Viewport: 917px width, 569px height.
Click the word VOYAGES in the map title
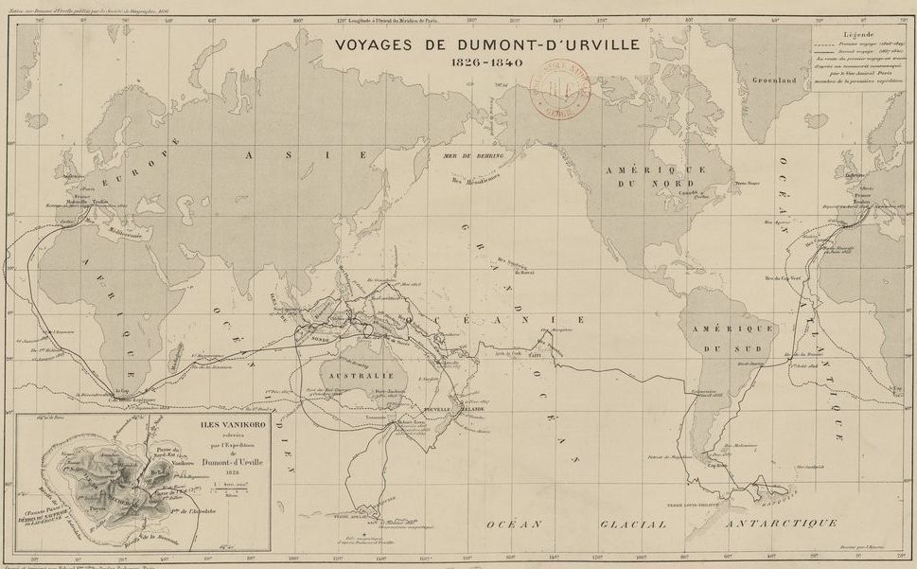coord(377,44)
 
